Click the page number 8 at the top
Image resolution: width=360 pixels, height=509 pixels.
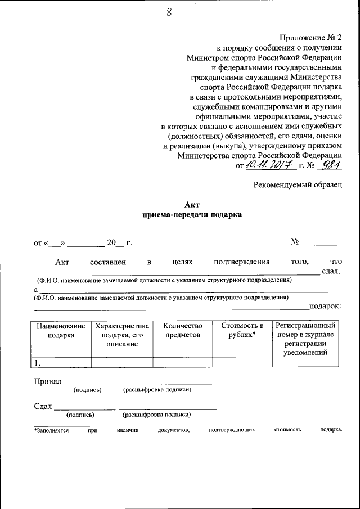coord(168,13)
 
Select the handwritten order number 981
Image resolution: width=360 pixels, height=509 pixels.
coord(328,165)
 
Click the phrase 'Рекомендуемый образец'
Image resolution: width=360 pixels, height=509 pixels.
coord(297,185)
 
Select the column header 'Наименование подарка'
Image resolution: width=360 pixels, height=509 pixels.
coord(61,331)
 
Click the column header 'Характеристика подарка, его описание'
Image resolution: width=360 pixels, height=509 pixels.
coord(121,335)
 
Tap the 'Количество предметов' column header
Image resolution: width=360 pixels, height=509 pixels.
coord(182,331)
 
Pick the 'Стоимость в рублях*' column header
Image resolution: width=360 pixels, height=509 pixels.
coord(242,331)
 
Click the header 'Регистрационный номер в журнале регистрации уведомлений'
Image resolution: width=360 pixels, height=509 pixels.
coord(305,339)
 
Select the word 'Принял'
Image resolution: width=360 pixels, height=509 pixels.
coord(47,381)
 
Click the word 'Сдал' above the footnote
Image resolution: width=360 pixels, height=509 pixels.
coord(43,406)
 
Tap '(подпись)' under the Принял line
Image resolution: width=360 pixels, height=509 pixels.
coord(88,390)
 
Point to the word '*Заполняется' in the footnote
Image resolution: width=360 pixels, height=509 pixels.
coord(51,430)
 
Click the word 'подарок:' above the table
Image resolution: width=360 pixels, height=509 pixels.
coord(325,306)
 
